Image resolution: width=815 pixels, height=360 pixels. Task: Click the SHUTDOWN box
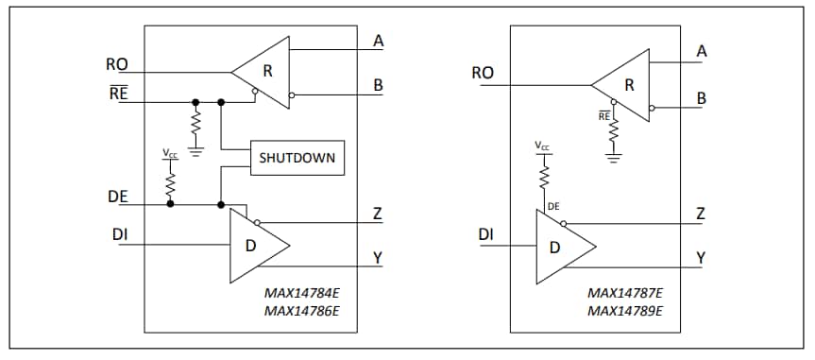pyautogui.click(x=297, y=158)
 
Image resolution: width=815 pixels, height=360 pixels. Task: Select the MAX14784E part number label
pyautogui.click(x=301, y=293)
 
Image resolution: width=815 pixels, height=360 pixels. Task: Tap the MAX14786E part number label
pyautogui.click(x=301, y=310)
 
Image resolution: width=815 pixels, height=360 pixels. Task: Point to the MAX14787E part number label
pyautogui.click(x=625, y=293)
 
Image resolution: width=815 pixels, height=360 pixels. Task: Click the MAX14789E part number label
pyautogui.click(x=625, y=310)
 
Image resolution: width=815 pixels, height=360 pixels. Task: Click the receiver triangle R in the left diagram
pyautogui.click(x=264, y=71)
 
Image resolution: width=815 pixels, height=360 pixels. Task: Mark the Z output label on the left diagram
pyautogui.click(x=377, y=214)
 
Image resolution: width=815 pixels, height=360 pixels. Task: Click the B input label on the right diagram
pyautogui.click(x=701, y=98)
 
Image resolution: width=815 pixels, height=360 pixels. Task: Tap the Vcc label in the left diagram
pyautogui.click(x=170, y=152)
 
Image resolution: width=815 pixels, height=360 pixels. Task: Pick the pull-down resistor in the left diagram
pyautogui.click(x=195, y=124)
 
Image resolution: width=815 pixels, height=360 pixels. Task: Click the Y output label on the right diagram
pyautogui.click(x=701, y=257)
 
